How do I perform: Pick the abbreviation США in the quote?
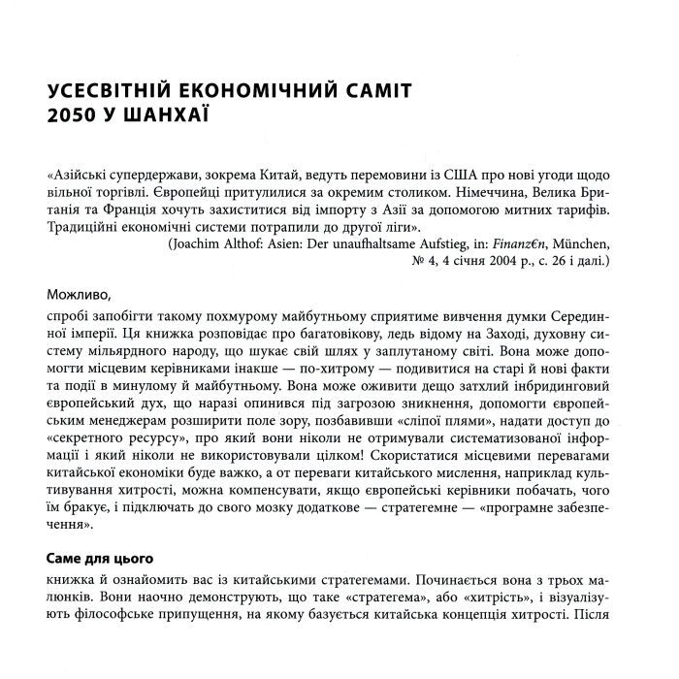430,176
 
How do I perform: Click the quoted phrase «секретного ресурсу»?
113,436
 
